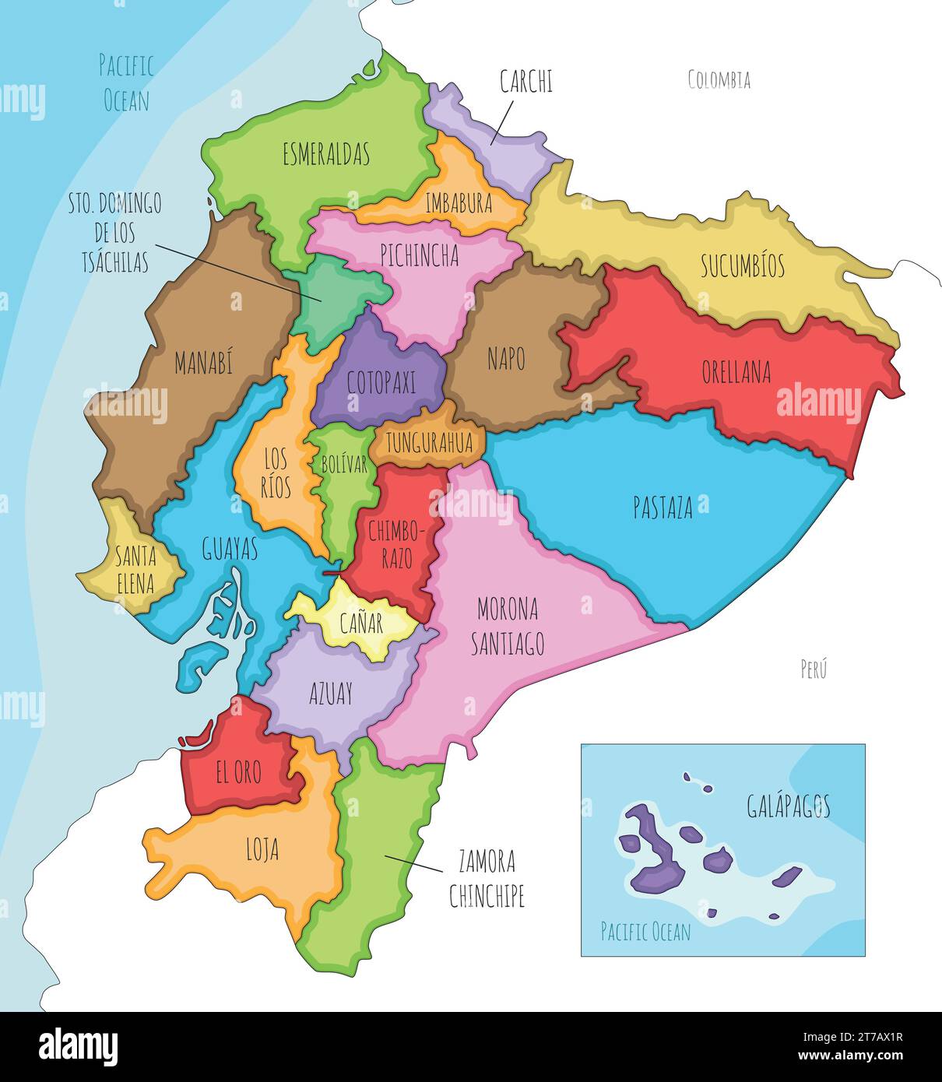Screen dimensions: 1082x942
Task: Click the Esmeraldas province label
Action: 325,154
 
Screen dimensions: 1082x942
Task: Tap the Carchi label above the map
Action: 526,82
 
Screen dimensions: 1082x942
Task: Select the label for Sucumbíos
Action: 742,266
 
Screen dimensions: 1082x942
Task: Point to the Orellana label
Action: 736,372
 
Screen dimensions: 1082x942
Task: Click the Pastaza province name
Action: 663,508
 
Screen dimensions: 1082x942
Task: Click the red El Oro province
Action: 238,772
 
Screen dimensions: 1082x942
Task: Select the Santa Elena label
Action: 135,569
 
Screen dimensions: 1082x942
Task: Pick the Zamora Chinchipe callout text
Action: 487,879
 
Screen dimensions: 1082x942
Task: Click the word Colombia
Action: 719,79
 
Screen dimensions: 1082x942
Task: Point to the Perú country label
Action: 814,669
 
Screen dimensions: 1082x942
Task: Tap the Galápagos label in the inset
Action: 788,806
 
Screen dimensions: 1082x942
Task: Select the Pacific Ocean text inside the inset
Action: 645,932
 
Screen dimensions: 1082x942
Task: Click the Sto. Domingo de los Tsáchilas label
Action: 115,233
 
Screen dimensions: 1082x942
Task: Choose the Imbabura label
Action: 459,204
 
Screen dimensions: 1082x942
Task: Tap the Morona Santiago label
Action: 508,626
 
